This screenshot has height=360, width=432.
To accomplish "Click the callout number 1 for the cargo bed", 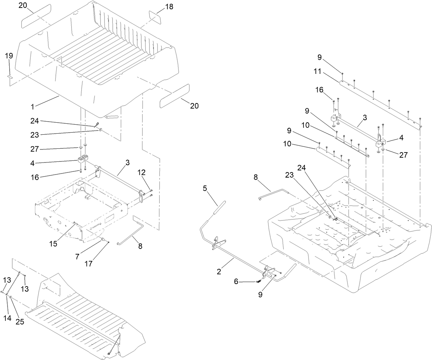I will [32, 106].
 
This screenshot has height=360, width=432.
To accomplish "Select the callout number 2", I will [219, 271].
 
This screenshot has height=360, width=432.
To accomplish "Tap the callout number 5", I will [205, 189].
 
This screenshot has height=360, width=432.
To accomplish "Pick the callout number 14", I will [8, 318].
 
